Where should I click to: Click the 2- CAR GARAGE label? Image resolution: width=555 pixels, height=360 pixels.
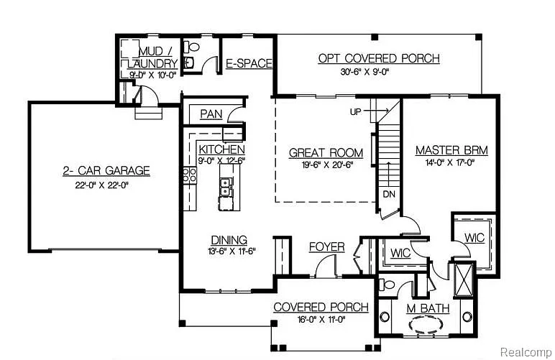coord(105,170)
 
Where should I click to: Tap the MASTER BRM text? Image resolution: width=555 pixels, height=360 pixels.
coord(451,151)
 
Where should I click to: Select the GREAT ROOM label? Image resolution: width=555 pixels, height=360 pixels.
coord(326,153)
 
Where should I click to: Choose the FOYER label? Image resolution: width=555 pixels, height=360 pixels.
coord(326,246)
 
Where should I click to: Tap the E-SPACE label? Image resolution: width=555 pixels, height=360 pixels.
coord(249,63)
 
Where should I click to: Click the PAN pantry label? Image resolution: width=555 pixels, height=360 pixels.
coord(211,114)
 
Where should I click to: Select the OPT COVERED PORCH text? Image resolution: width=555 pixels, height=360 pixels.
coord(379,58)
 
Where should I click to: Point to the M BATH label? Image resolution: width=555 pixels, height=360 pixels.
coord(428,308)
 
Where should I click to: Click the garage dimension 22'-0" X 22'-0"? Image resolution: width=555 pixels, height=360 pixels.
coord(105,185)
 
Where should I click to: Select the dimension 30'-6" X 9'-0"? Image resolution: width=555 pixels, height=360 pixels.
coord(379,72)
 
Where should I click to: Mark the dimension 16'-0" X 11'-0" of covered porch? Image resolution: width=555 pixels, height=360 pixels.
coord(321,320)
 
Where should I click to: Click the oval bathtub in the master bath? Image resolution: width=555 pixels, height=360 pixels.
coord(427,324)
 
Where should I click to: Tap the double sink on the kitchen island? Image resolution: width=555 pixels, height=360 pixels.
coord(226,188)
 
